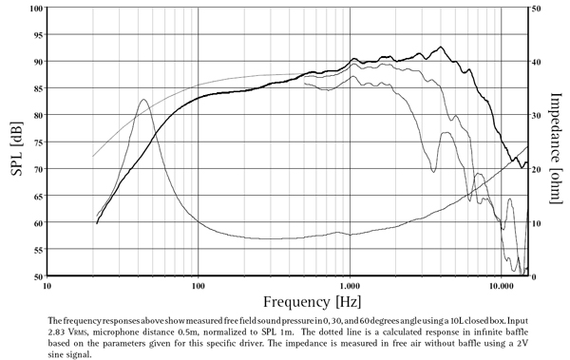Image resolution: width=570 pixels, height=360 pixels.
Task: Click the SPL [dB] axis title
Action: click(x=13, y=142)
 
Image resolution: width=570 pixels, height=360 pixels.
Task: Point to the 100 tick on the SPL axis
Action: click(x=33, y=9)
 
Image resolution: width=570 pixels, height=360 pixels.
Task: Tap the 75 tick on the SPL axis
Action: click(x=35, y=142)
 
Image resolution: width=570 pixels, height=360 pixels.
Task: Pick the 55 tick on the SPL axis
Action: click(x=35, y=250)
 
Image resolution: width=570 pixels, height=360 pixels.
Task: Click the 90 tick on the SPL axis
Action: click(x=35, y=62)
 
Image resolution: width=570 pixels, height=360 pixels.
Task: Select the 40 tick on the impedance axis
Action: click(x=536, y=62)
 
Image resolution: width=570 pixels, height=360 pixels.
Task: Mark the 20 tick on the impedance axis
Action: click(x=536, y=169)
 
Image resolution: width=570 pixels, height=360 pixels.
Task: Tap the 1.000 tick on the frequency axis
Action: click(x=350, y=286)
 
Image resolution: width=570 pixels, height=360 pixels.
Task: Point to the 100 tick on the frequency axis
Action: click(x=198, y=286)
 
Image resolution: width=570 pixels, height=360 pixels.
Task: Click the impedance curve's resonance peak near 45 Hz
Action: click(x=143, y=99)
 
